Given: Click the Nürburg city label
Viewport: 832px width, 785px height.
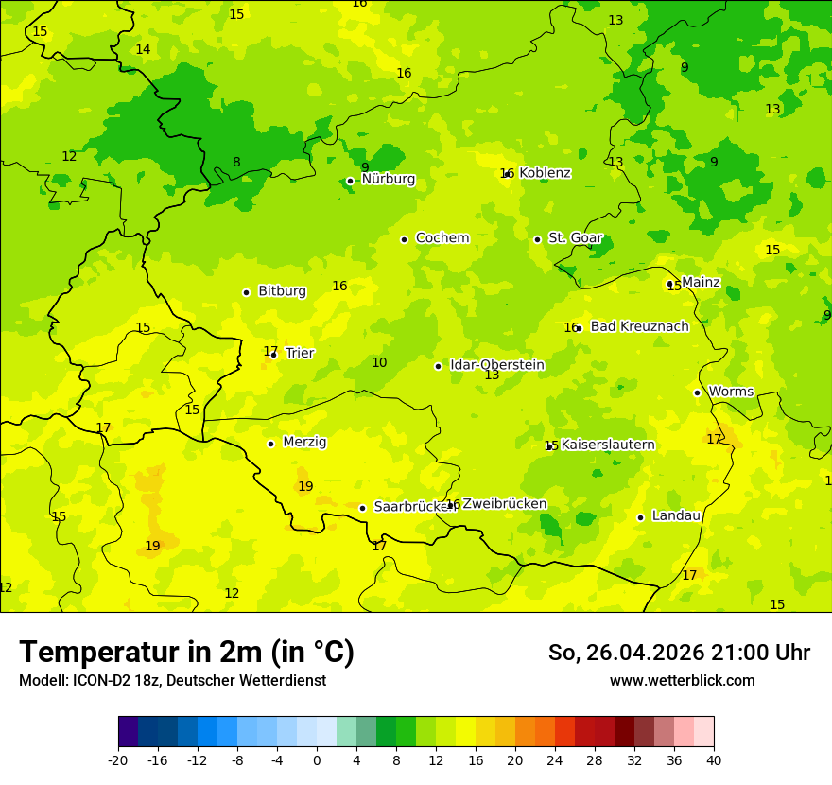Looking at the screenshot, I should [388, 179].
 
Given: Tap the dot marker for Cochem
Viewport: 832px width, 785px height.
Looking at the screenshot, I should [404, 239].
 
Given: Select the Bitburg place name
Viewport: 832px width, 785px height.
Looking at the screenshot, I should [282, 291].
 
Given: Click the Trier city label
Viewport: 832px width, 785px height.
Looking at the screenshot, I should [300, 353].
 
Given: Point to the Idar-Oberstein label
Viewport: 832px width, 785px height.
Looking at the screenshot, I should [497, 365].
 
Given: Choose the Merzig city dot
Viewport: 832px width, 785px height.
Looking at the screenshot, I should [270, 444].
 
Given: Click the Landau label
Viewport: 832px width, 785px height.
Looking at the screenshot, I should [676, 515].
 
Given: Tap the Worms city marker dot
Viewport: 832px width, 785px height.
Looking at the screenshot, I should [697, 392].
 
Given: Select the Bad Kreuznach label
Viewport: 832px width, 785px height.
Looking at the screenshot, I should [639, 326].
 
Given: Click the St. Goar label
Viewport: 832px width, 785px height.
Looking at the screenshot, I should [575, 238].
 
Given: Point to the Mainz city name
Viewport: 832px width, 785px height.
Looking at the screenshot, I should [701, 282].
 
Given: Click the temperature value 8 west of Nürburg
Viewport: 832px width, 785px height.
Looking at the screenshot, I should [236, 163].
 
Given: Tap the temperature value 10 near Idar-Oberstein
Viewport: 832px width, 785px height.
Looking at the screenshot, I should [379, 362].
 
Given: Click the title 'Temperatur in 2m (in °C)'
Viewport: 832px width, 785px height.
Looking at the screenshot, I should [186, 652].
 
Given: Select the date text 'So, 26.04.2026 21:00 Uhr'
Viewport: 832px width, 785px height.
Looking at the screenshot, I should [679, 653].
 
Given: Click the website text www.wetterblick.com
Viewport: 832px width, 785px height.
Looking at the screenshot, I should [682, 680].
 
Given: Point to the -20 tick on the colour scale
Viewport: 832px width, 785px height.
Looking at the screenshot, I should [118, 759].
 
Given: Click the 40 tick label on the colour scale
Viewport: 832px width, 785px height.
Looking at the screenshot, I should [714, 759].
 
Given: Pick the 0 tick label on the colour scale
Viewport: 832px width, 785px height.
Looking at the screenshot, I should [317, 759].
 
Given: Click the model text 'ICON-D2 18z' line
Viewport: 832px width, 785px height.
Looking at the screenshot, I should [172, 680].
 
